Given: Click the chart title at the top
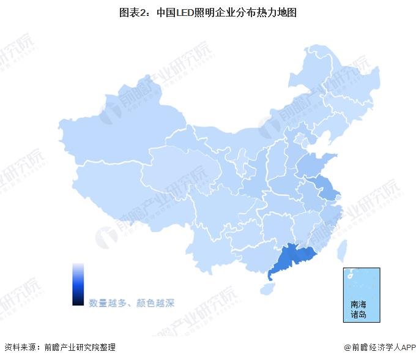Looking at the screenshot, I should click(208, 12).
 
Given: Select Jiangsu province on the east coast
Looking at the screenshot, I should click(327, 186).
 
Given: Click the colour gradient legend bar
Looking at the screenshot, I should click(78, 283).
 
